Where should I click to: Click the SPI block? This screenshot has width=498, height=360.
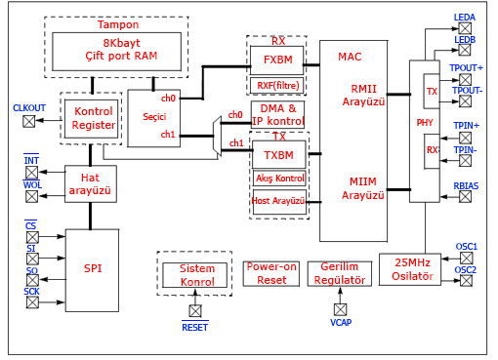[92, 268]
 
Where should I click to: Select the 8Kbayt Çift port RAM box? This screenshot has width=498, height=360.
[116, 51]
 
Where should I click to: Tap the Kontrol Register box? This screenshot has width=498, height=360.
[94, 118]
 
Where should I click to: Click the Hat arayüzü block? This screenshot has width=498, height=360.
[90, 182]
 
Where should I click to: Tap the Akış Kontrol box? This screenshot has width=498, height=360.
[279, 179]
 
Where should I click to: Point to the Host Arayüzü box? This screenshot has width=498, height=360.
[279, 200]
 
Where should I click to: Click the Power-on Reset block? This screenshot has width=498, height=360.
[270, 273]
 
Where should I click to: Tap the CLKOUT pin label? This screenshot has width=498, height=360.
[28, 107]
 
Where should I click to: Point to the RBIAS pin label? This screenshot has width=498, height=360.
[466, 184]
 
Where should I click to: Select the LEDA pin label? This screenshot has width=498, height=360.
[465, 18]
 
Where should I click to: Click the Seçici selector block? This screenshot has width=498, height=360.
[154, 116]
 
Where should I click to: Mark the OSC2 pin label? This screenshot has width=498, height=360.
[467, 270]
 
